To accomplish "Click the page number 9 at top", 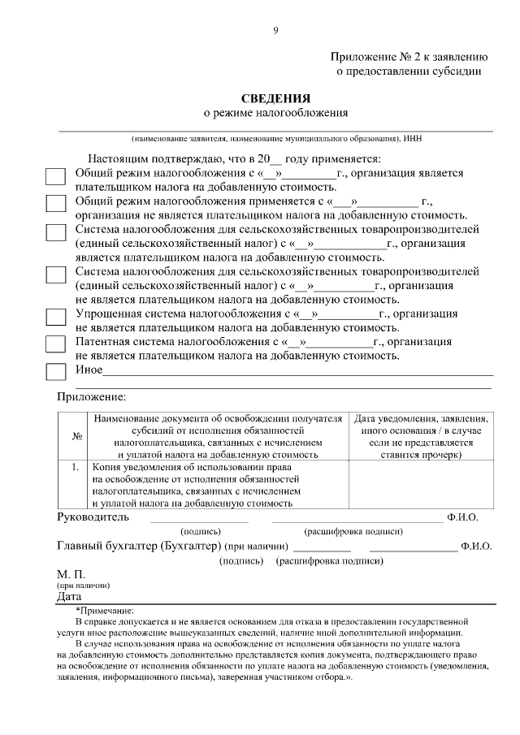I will coord(275,31).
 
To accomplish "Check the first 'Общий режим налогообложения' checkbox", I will coord(55,179).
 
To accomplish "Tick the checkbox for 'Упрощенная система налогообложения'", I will coord(55,319).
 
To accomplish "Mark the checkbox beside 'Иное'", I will coord(55,372).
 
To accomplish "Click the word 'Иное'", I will coord(89,370).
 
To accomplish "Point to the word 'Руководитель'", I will coord(93,517).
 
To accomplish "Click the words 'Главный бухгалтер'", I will coord(106,545).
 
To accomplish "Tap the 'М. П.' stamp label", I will coord(71,574).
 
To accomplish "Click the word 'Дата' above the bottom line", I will coord(70,597).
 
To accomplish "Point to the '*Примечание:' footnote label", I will coord(107,610).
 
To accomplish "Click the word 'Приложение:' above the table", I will coord(91,397).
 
